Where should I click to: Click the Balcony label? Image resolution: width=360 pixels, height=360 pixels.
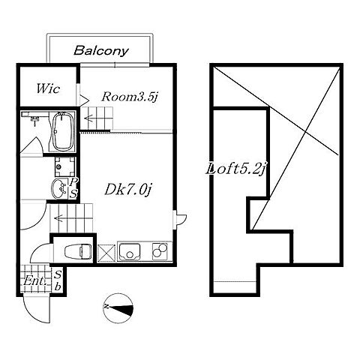coord(101,51)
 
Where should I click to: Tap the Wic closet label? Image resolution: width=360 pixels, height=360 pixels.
coord(48,88)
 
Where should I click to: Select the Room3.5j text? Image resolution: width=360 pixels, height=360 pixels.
coord(130,97)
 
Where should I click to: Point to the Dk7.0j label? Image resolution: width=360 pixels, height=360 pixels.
coord(128,190)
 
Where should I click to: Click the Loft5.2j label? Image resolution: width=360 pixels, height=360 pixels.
coord(235,169)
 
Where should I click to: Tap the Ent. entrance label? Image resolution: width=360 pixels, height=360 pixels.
coord(35,281)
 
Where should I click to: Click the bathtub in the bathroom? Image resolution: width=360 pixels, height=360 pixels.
coord(62,131)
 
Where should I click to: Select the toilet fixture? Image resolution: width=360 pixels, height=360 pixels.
coord(78,250)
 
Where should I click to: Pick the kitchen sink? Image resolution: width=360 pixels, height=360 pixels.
coord(130,251)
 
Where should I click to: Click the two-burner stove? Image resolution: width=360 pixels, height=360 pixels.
coord(160,250)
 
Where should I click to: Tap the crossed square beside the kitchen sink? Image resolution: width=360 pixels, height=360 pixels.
coord(106,253)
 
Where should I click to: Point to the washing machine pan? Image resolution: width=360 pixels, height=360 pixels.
coord(65,166)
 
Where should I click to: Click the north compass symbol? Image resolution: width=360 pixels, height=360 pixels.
coord(118,308)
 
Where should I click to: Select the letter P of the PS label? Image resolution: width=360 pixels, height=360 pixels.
coord(73,181)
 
